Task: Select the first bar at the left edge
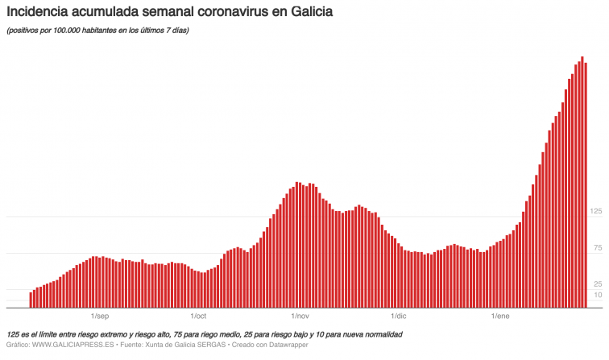pyautogui.click(x=31, y=300)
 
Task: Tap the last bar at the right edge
pyautogui.click(x=586, y=185)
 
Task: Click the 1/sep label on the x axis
pyautogui.click(x=100, y=317)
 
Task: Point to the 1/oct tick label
pyautogui.click(x=199, y=317)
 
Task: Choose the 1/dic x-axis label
pyautogui.click(x=396, y=317)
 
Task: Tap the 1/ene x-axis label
pyautogui.click(x=500, y=317)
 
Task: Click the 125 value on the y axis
pyautogui.click(x=596, y=211)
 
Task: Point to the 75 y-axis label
pyautogui.click(x=598, y=247)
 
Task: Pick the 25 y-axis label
pyautogui.click(x=598, y=284)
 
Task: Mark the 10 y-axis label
pyautogui.click(x=598, y=296)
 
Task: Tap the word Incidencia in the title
pyautogui.click(x=37, y=14)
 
